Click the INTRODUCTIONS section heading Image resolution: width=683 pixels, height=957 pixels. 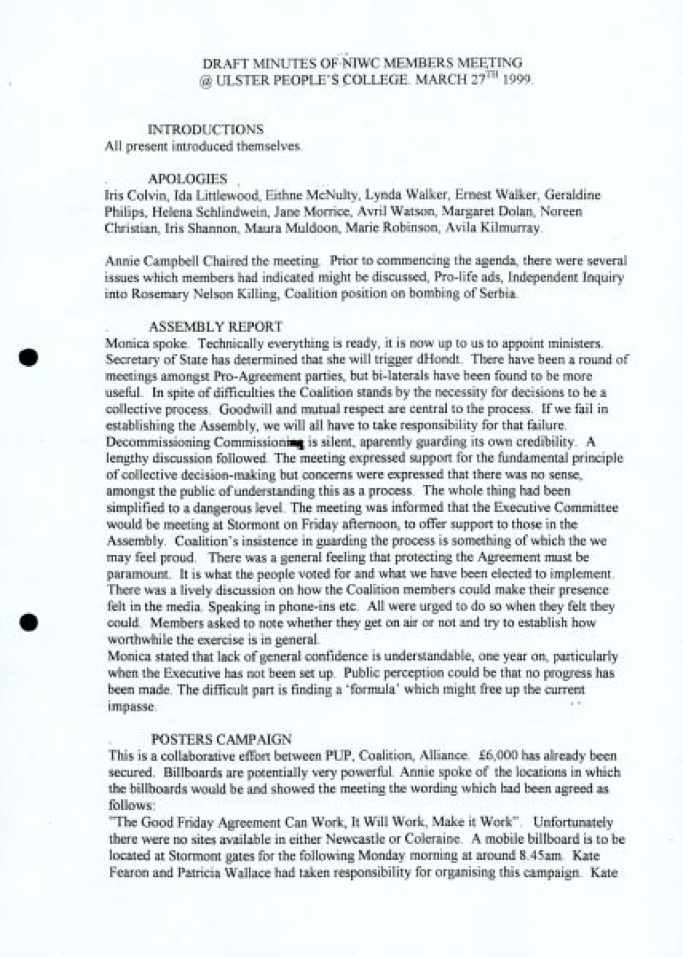(205, 129)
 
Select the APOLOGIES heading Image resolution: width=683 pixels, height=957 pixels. (187, 179)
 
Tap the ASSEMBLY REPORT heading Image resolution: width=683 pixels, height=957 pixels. (215, 327)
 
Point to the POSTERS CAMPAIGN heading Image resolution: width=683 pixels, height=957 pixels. (221, 739)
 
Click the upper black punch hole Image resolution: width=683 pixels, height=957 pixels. (27, 357)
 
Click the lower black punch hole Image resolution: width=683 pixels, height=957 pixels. (27, 622)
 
